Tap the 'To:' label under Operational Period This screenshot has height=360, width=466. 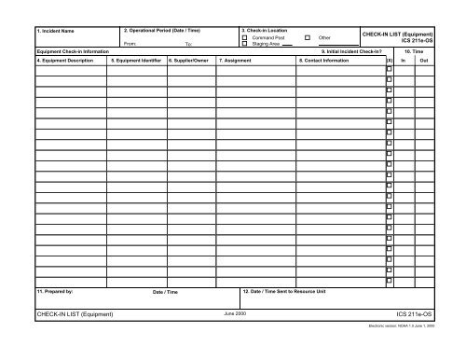(x=188, y=44)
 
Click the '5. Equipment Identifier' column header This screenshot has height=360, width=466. (x=137, y=60)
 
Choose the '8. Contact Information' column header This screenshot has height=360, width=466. (x=324, y=60)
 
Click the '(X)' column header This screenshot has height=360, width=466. (x=389, y=60)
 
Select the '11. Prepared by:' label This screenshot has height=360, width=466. (x=55, y=292)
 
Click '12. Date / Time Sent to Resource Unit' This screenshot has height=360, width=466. (x=285, y=292)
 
